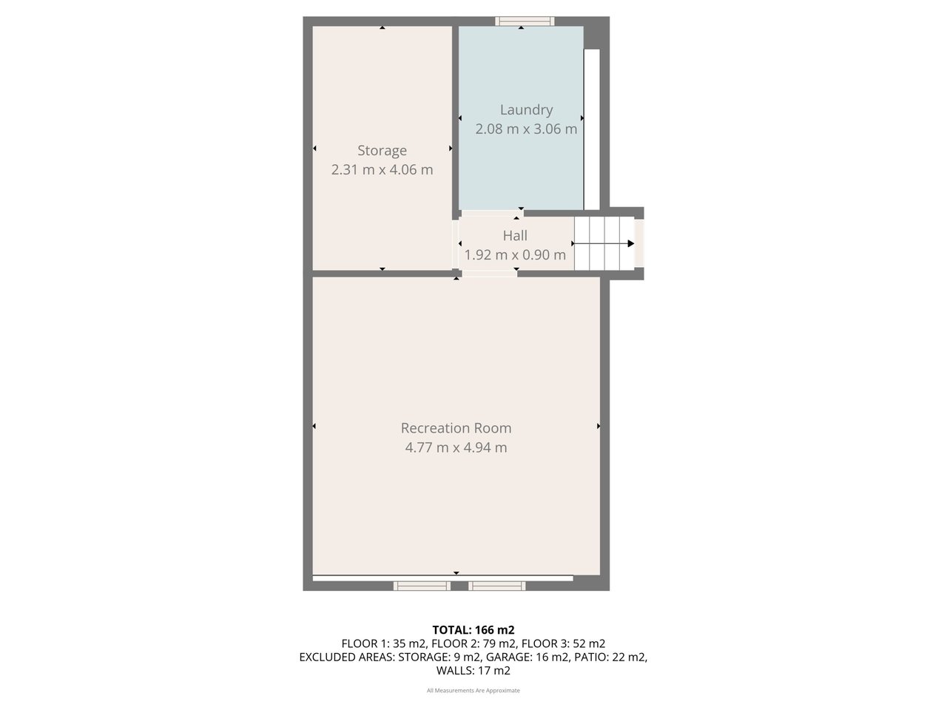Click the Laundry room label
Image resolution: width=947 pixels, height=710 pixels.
coord(526,109)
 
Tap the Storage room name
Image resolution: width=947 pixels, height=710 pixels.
coord(382,150)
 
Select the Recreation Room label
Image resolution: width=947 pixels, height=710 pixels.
coord(456,427)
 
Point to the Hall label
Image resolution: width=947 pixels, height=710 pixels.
coord(515,235)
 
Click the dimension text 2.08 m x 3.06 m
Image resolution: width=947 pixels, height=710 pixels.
coord(526,129)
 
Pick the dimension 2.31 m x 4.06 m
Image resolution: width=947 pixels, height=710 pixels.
coord(382,169)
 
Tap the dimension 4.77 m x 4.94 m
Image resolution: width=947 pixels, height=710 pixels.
coord(456,447)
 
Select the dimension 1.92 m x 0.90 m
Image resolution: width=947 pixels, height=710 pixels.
coord(515,255)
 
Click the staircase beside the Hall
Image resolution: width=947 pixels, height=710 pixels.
coord(604,243)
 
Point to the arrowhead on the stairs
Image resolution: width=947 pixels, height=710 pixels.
coord(630,243)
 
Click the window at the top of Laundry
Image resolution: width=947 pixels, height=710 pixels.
coord(525,21)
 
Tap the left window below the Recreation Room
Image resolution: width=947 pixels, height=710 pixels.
coord(422,586)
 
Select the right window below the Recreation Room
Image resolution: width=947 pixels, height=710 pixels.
coord(497,586)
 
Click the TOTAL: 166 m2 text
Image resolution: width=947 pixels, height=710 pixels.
coord(473,630)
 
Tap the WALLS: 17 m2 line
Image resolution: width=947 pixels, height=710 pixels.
coord(473,671)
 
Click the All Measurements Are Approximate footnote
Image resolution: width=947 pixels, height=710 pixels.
coord(473,691)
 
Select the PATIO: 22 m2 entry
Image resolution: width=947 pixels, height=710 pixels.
coord(611,657)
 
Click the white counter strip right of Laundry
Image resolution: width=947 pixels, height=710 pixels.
coord(591,129)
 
